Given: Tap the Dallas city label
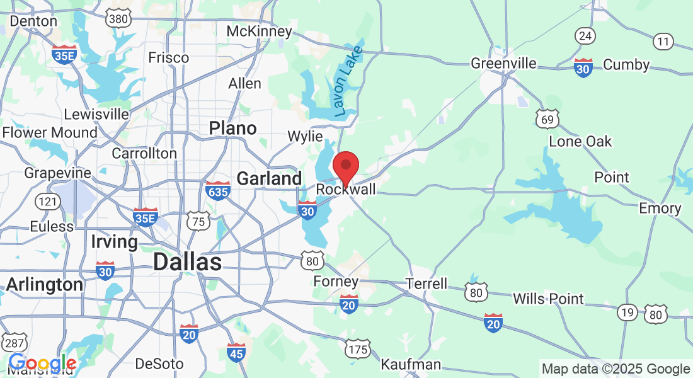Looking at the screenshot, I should coord(187,261).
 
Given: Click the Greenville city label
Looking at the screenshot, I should coord(504,64).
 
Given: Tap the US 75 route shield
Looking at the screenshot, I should coord(197,220).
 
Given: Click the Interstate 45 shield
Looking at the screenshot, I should coord(237,353).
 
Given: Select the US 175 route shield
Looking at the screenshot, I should coord(357,347).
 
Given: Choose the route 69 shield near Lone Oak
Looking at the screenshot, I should coord(547,118).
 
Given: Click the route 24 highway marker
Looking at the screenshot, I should coord(585,36).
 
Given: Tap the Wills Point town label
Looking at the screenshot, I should coord(548,299).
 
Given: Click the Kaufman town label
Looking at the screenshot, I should coord(411,364).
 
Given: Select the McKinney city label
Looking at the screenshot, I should coord(259,31).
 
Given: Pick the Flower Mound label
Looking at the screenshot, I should coord(50,133).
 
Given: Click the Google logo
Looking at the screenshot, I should coord(42,364).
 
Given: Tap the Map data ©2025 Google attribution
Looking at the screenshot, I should coord(616,369).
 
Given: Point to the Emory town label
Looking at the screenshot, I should coord(660,208).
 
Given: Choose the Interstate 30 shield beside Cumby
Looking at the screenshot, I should coord(583,67).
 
